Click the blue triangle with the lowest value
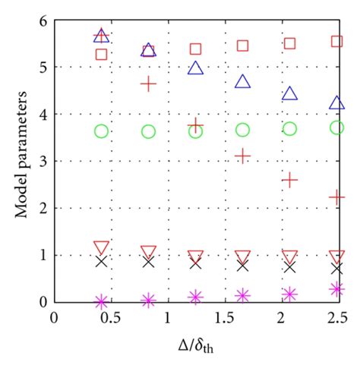click(337, 102)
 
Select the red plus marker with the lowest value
click(337, 197)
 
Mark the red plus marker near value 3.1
click(243, 156)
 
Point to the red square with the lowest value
click(101, 54)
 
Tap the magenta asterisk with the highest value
click(337, 289)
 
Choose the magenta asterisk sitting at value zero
click(101, 301)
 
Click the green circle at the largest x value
click(337, 127)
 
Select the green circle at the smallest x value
click(101, 131)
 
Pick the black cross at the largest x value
click(337, 268)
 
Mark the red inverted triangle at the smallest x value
click(101, 247)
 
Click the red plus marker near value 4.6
click(148, 83)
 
